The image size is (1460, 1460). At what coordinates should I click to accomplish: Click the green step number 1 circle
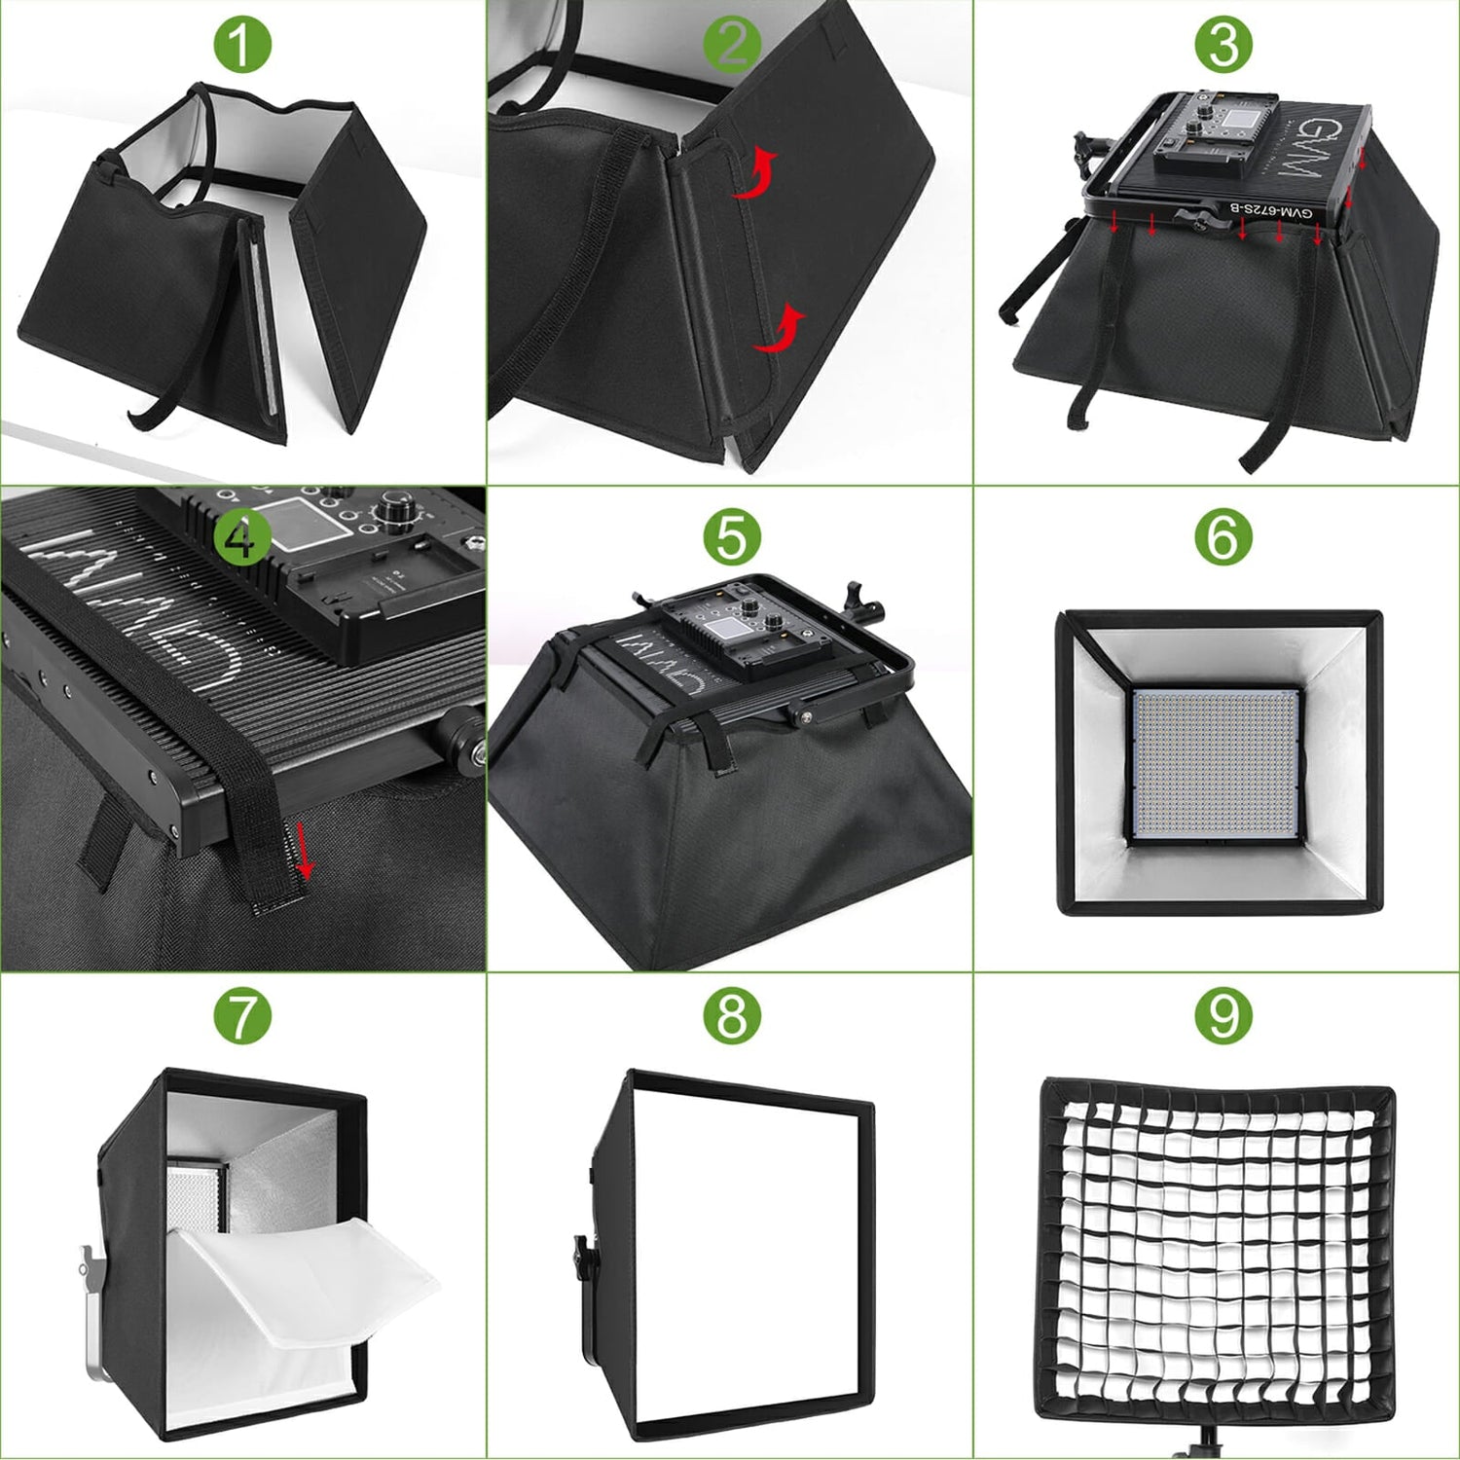point(240,45)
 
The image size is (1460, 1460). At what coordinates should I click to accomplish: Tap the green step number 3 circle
point(1223,45)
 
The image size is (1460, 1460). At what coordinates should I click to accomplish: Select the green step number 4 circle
point(240,537)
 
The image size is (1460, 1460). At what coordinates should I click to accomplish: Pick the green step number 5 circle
point(732,537)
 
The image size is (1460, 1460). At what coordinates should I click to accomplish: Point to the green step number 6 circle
point(1223,537)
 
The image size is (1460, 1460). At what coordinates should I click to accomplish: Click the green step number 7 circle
point(240,1016)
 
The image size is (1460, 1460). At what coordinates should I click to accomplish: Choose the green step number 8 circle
point(732,1016)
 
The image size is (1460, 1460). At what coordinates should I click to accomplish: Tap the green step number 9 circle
point(1223,1016)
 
